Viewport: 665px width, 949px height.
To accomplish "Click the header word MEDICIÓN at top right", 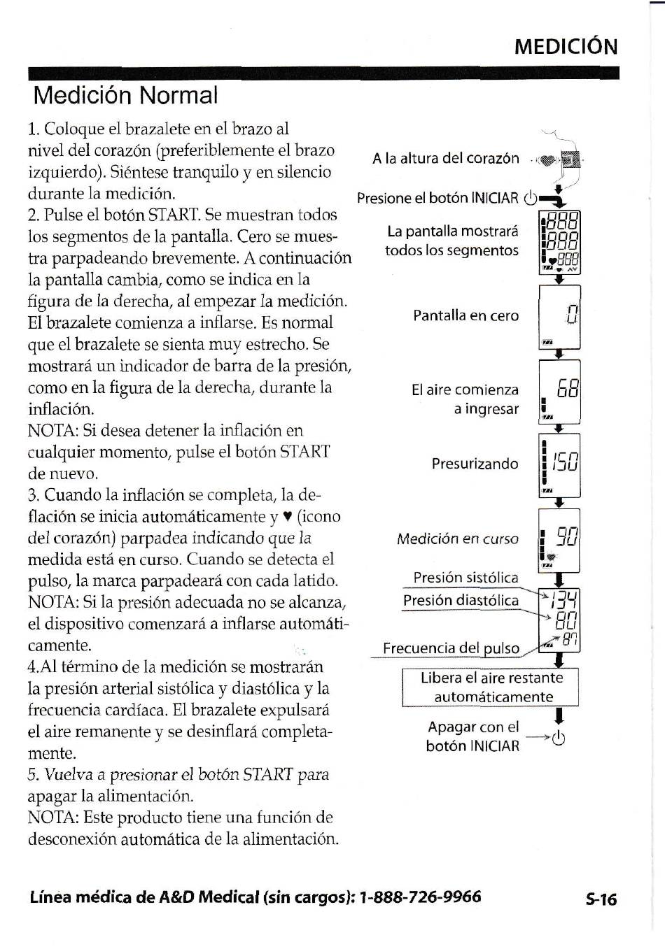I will point(566,47).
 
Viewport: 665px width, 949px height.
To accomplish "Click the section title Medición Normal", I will point(125,95).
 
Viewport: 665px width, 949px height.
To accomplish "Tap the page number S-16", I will point(601,899).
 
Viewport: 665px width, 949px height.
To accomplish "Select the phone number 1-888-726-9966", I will point(420,897).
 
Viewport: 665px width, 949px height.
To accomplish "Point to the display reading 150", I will point(559,464).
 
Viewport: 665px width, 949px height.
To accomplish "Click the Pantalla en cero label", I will point(465,315).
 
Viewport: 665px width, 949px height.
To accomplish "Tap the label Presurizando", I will point(475,464).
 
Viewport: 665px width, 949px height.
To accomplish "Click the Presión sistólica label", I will point(465,578).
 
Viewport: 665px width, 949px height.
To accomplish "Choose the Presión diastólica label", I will point(461,600).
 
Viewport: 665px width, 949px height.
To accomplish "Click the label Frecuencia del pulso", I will point(451,648).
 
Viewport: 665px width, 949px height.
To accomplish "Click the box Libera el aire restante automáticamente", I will point(491,687).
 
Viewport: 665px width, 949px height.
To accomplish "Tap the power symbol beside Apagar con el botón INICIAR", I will point(559,738).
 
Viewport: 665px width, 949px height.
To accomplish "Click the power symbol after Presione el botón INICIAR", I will point(531,198).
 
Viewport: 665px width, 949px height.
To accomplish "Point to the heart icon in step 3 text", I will point(287,517).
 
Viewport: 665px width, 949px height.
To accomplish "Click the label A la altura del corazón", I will point(445,158).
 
